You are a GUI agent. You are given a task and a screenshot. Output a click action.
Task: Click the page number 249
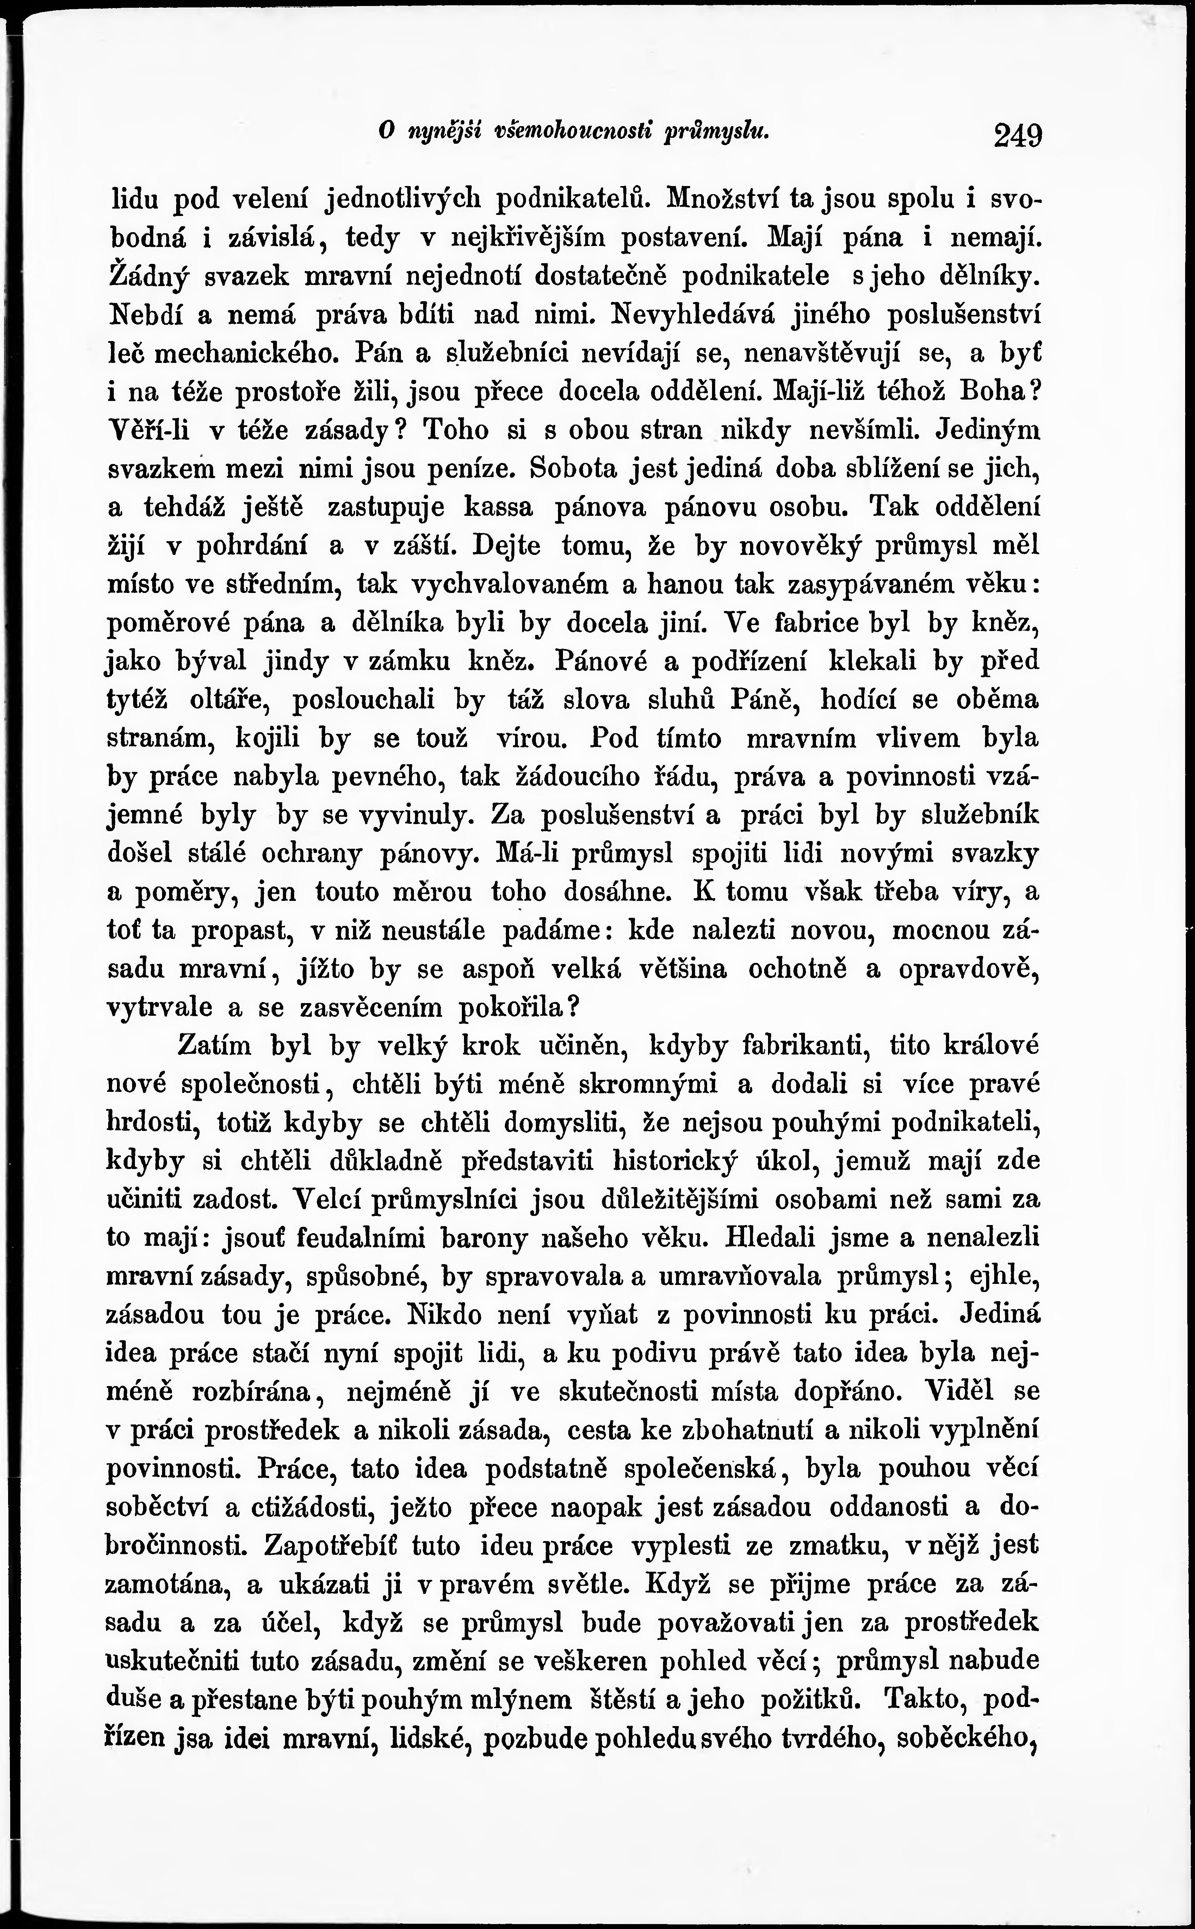point(1020,135)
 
